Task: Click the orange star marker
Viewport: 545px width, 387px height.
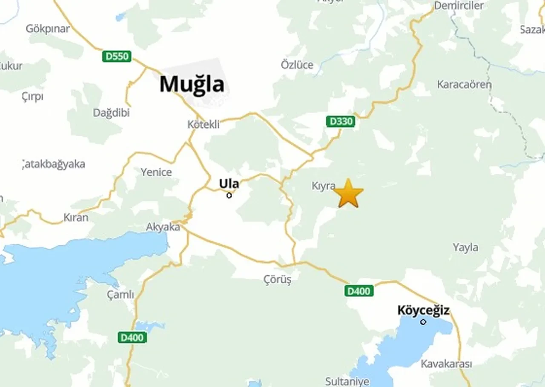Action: point(348,194)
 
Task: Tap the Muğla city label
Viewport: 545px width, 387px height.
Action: point(192,84)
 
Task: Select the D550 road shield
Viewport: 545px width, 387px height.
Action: point(117,56)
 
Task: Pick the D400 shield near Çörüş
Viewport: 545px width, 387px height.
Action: point(359,291)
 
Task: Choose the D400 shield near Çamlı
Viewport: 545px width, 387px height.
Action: point(132,338)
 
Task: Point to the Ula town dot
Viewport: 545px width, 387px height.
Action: point(229,195)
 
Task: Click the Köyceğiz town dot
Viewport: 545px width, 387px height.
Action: point(423,322)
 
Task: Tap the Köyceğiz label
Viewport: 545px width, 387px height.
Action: point(423,310)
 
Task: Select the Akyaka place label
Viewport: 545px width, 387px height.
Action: point(163,227)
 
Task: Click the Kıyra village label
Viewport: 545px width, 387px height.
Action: point(324,186)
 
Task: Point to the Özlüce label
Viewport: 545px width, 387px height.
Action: point(297,65)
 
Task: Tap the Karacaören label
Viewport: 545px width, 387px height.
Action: point(464,84)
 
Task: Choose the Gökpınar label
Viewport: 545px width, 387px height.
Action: point(48,29)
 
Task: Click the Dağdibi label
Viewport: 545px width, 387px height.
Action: point(111,113)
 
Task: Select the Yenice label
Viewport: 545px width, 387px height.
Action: point(156,172)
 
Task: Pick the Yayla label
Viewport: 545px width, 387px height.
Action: point(465,247)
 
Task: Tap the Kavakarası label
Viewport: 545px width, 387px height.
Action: point(446,364)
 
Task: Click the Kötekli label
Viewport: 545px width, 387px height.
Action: point(204,124)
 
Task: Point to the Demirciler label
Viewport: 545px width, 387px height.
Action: point(459,6)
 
